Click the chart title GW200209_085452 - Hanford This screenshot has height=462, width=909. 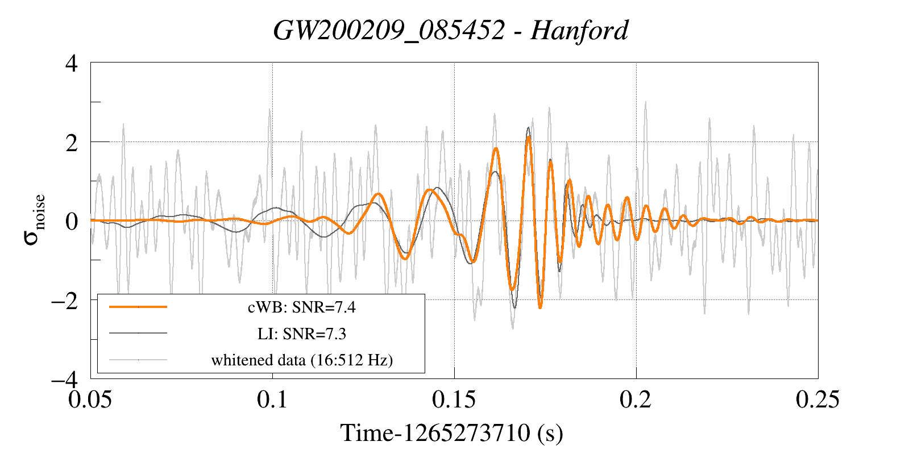click(x=450, y=31)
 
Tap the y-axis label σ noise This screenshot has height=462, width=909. click(x=35, y=219)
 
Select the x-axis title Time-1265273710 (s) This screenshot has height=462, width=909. click(x=451, y=433)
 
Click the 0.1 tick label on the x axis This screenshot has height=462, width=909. click(x=272, y=399)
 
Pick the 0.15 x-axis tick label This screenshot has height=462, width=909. click(x=454, y=399)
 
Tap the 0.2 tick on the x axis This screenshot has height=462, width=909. click(x=636, y=399)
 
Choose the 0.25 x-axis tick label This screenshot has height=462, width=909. click(x=817, y=399)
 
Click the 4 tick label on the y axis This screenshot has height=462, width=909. click(x=72, y=63)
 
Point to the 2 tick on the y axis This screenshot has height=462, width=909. click(x=72, y=143)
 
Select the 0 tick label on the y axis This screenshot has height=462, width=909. click(x=72, y=221)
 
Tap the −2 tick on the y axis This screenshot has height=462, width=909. click(x=64, y=300)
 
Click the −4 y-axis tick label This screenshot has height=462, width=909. click(x=64, y=379)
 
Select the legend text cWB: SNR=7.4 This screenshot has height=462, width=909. click(x=301, y=307)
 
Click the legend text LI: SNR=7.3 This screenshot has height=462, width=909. click(x=301, y=334)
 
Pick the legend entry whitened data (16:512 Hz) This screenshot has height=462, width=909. click(x=301, y=360)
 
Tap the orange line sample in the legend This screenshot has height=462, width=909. click(x=138, y=307)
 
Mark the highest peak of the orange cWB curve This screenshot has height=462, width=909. click(x=528, y=138)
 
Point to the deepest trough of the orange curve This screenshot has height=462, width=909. click(x=540, y=307)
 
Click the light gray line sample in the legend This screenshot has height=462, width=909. click(x=138, y=360)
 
